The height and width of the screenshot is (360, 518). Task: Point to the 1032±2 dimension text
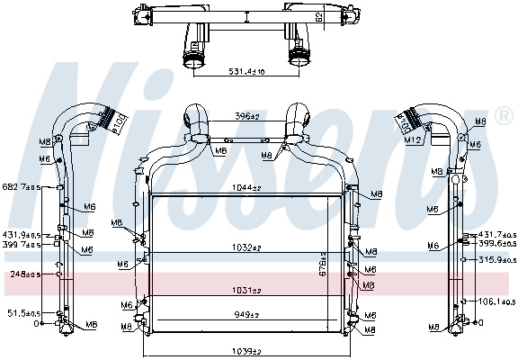244,247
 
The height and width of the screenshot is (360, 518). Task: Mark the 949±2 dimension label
244,315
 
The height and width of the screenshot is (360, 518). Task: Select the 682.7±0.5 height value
23,187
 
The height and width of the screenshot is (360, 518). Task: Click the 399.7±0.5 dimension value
23,244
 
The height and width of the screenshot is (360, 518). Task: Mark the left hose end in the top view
193,61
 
